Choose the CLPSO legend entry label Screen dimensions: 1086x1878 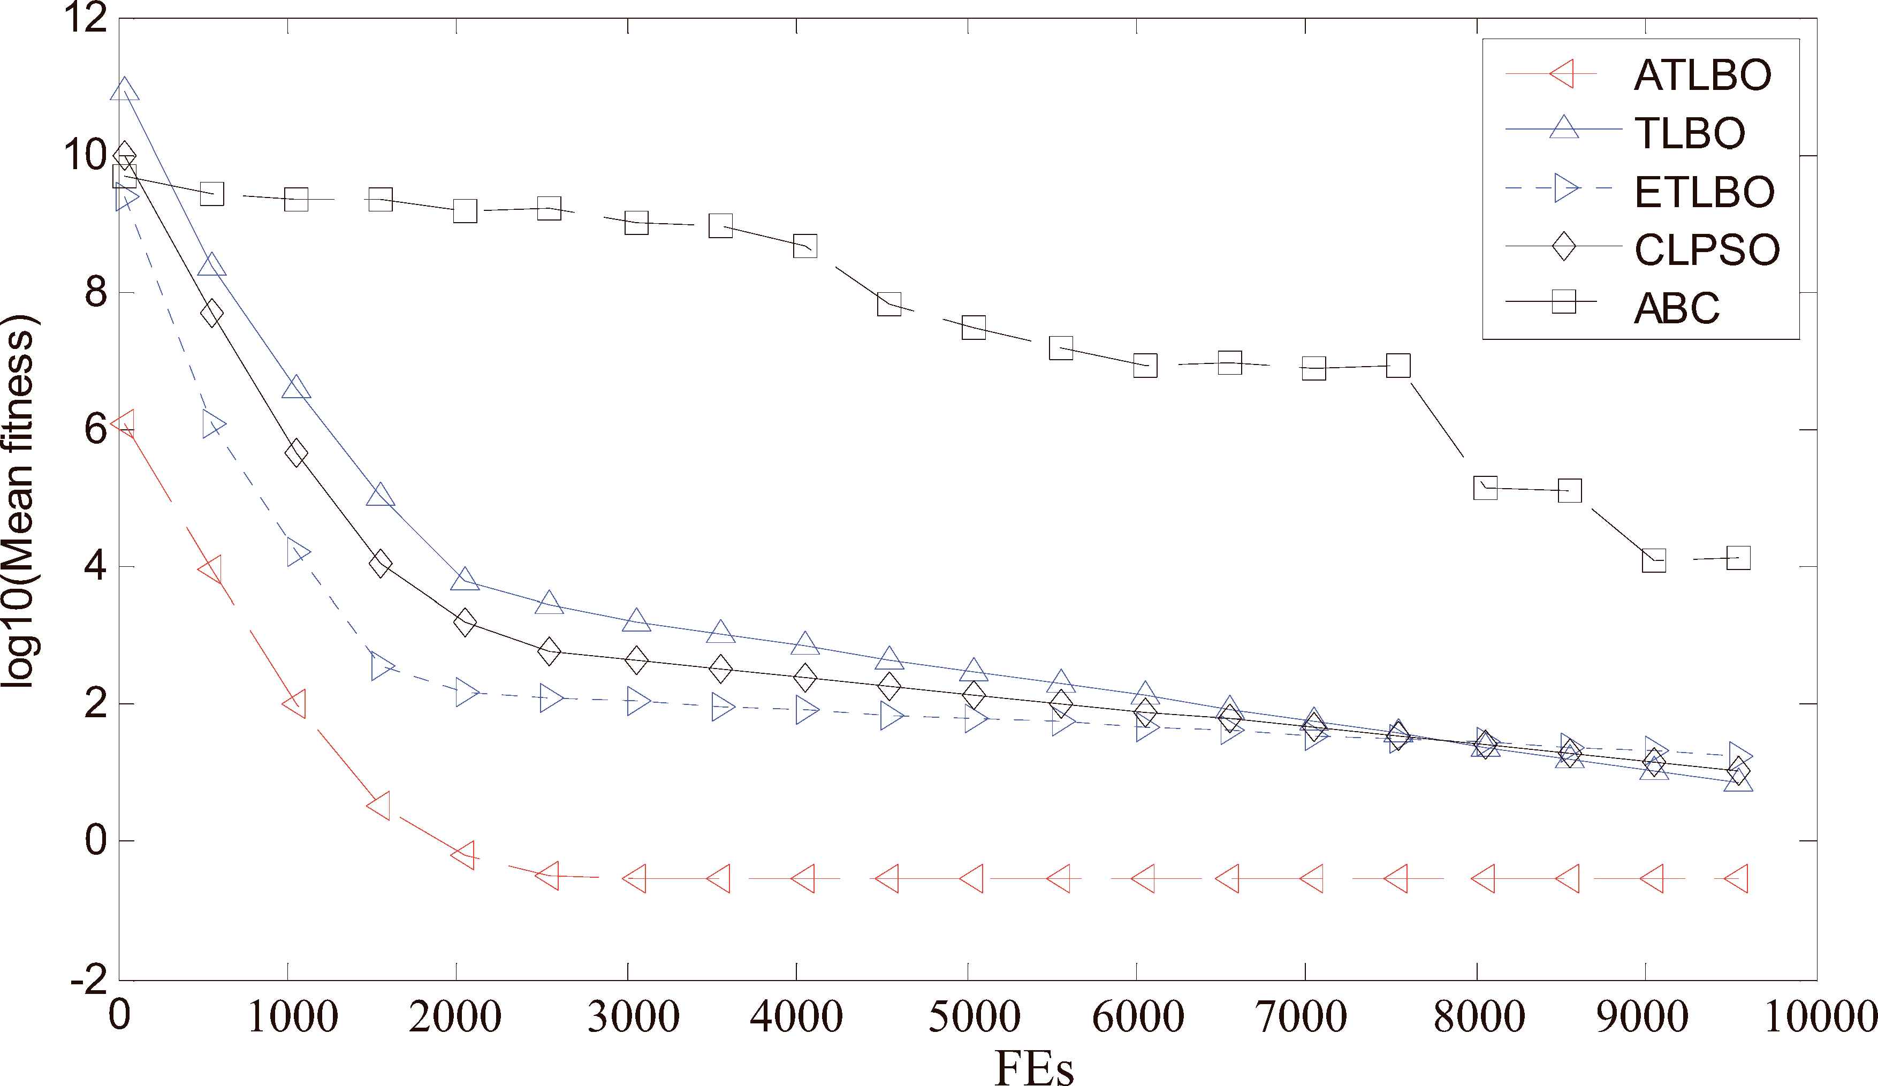click(x=1707, y=250)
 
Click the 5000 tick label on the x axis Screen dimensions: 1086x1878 click(x=974, y=1016)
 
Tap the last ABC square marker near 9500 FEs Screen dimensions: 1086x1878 click(x=1738, y=558)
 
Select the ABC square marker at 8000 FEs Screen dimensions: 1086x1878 click(x=1485, y=488)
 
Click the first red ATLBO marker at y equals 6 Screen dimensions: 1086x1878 click(x=123, y=423)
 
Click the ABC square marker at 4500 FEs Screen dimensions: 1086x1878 click(x=889, y=304)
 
